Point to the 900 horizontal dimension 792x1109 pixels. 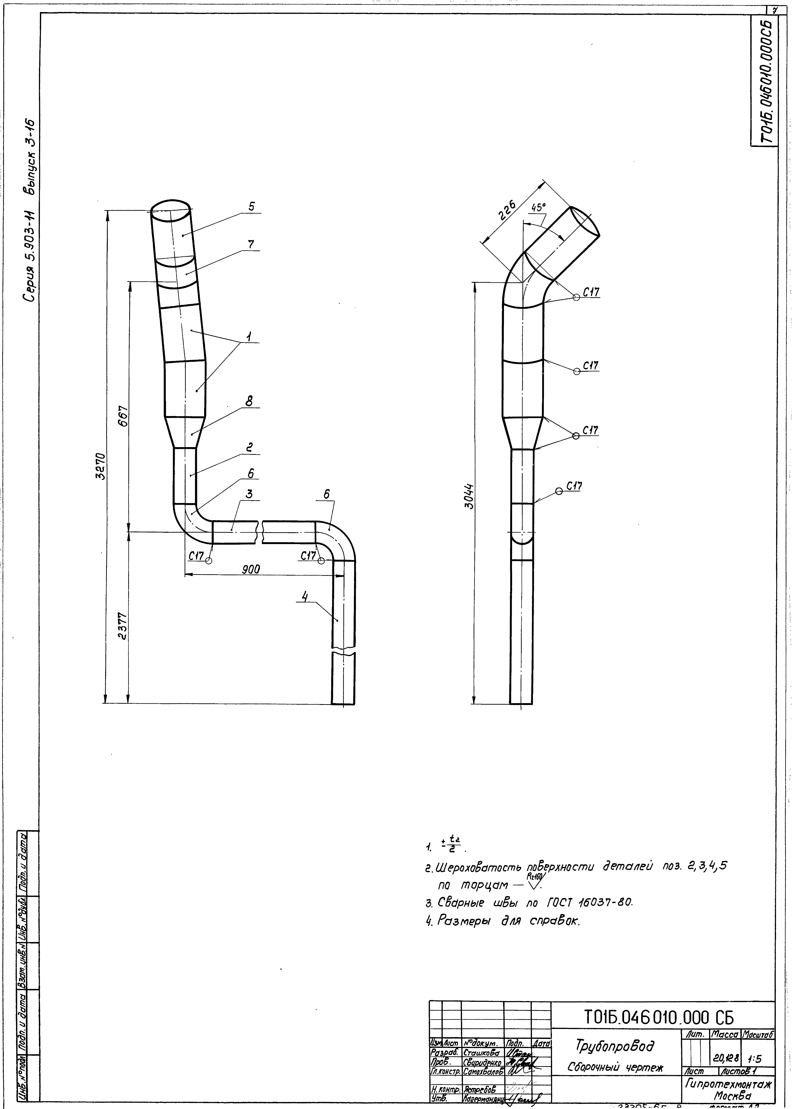[x=251, y=569]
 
